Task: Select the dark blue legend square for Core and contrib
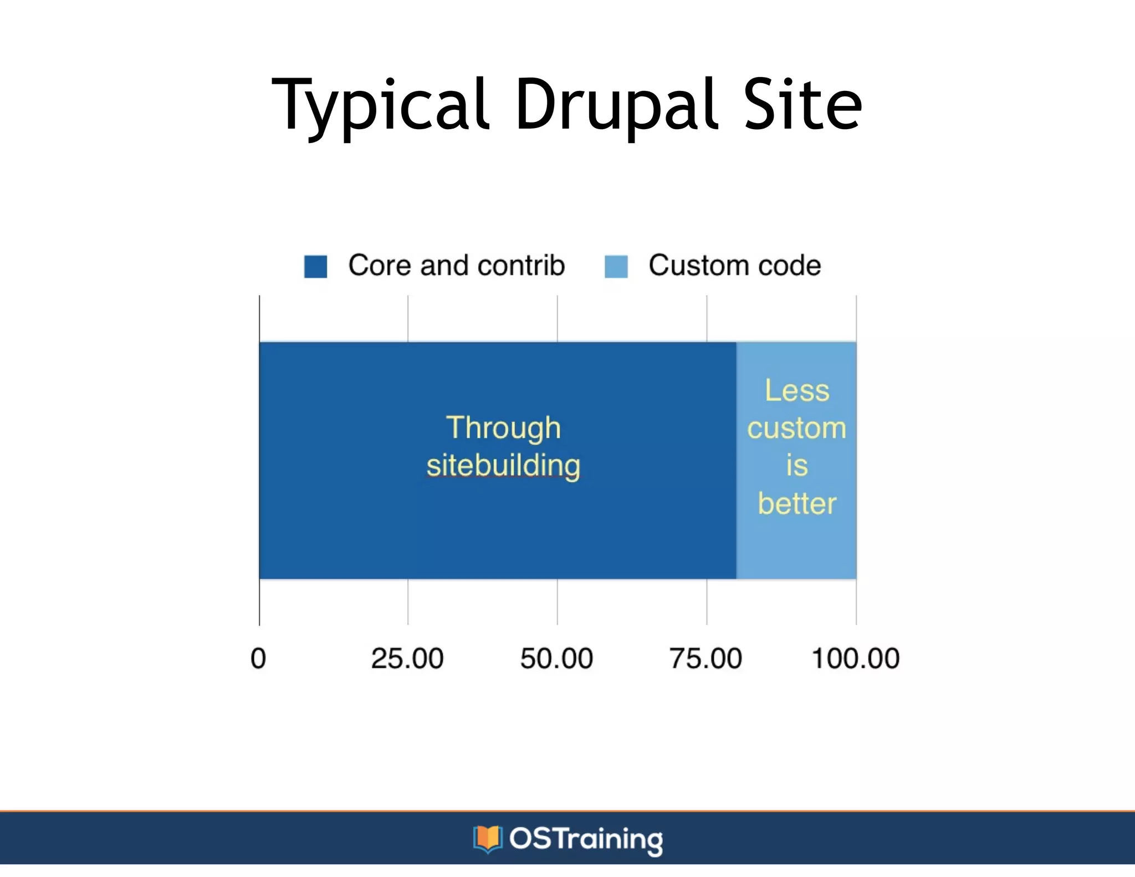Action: pyautogui.click(x=315, y=266)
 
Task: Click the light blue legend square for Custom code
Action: pyautogui.click(x=616, y=266)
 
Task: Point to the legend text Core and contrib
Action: pyautogui.click(x=456, y=265)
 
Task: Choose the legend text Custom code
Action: pyautogui.click(x=734, y=265)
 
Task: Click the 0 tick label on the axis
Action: pyautogui.click(x=258, y=659)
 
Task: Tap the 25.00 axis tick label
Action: pyautogui.click(x=407, y=659)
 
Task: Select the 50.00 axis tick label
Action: pyautogui.click(x=556, y=659)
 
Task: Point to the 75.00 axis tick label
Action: pyautogui.click(x=705, y=659)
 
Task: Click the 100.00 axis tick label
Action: pyautogui.click(x=855, y=659)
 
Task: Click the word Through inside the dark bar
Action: pyautogui.click(x=503, y=428)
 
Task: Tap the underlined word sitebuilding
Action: pyautogui.click(x=503, y=465)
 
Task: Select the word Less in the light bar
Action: pyautogui.click(x=797, y=390)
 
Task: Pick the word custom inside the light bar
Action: pyautogui.click(x=796, y=428)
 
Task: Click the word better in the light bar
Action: pyautogui.click(x=796, y=503)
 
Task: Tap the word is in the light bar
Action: pyautogui.click(x=796, y=465)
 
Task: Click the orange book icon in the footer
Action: pyautogui.click(x=487, y=839)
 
